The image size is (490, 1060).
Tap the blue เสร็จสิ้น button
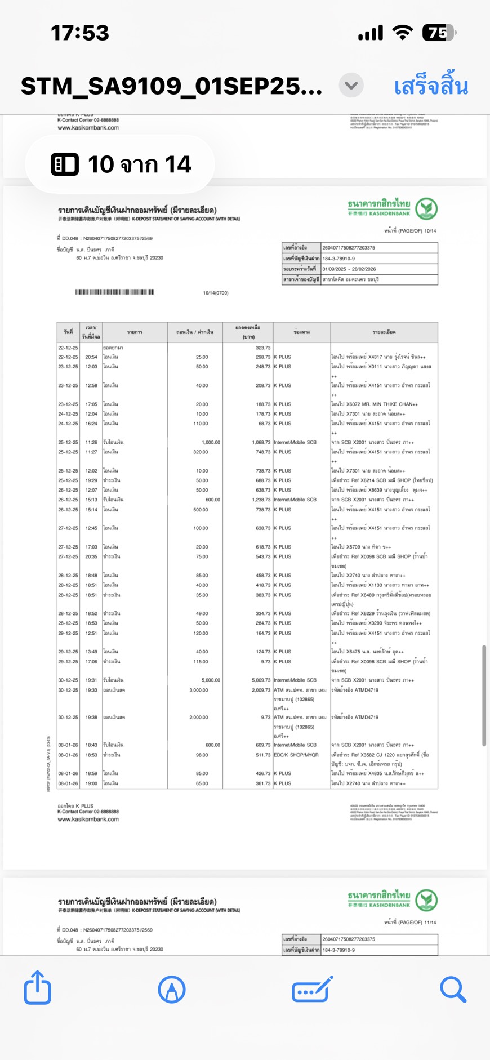click(x=431, y=86)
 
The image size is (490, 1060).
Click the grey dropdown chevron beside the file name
click(x=351, y=86)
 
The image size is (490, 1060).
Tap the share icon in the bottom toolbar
click(x=38, y=988)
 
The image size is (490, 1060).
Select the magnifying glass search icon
click(x=453, y=989)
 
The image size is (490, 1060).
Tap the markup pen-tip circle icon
click(x=172, y=989)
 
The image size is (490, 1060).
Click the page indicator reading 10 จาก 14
click(x=120, y=164)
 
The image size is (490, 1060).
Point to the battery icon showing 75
click(x=439, y=33)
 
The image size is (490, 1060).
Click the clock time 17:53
click(x=80, y=33)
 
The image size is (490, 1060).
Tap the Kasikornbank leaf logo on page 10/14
click(x=426, y=209)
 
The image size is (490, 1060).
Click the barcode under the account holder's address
click(x=115, y=292)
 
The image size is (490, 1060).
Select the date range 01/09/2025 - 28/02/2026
click(x=349, y=269)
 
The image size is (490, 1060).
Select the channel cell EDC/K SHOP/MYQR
click(x=296, y=755)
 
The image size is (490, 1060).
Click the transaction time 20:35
click(x=91, y=556)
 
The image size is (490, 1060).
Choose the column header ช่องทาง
click(x=301, y=332)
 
